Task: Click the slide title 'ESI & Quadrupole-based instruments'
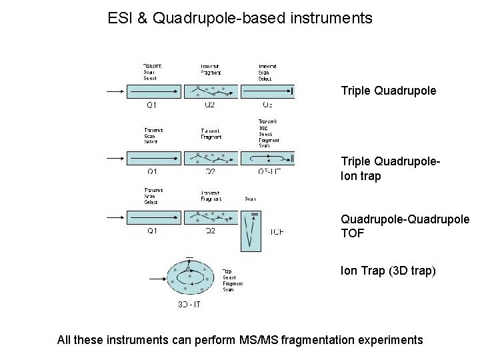(240, 18)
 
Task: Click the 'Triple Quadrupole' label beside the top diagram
(389, 89)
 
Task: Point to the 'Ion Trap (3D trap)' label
(388, 271)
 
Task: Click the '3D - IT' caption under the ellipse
(189, 304)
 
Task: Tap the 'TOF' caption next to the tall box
(277, 232)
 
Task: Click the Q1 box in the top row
(153, 91)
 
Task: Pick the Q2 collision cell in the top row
(211, 91)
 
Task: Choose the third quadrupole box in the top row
(268, 91)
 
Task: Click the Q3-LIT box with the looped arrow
(268, 158)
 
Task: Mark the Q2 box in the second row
(211, 158)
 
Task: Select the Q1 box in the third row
(153, 217)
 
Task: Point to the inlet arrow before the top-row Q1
(116, 91)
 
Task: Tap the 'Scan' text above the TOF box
(251, 199)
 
